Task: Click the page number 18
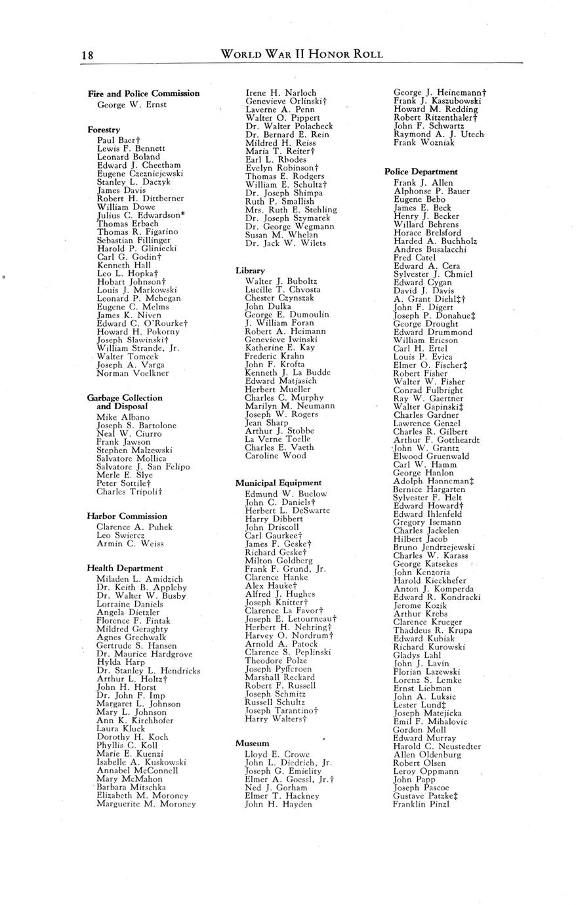click(x=87, y=55)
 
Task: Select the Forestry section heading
click(x=104, y=130)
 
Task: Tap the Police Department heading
click(x=421, y=172)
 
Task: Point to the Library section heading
click(x=250, y=270)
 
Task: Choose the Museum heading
click(x=252, y=743)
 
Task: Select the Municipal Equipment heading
click(x=278, y=483)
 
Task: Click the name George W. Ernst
click(x=131, y=104)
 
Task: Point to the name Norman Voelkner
click(x=133, y=373)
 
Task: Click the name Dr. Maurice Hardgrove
click(x=144, y=654)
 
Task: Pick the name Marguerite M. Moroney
click(x=146, y=803)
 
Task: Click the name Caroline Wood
click(x=276, y=455)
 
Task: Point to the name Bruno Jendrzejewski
click(x=434, y=547)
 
